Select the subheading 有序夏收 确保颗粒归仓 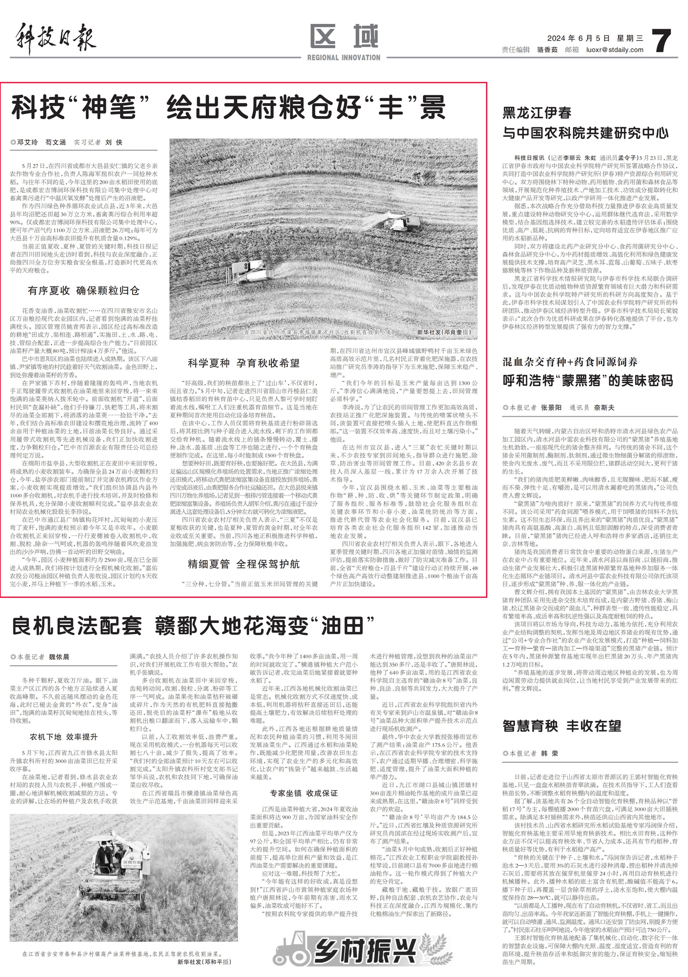(x=84, y=291)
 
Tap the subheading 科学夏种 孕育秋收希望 (x=244, y=363)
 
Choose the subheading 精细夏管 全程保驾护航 (x=244, y=564)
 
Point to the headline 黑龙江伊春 (x=537, y=113)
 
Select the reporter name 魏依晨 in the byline (x=59, y=656)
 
